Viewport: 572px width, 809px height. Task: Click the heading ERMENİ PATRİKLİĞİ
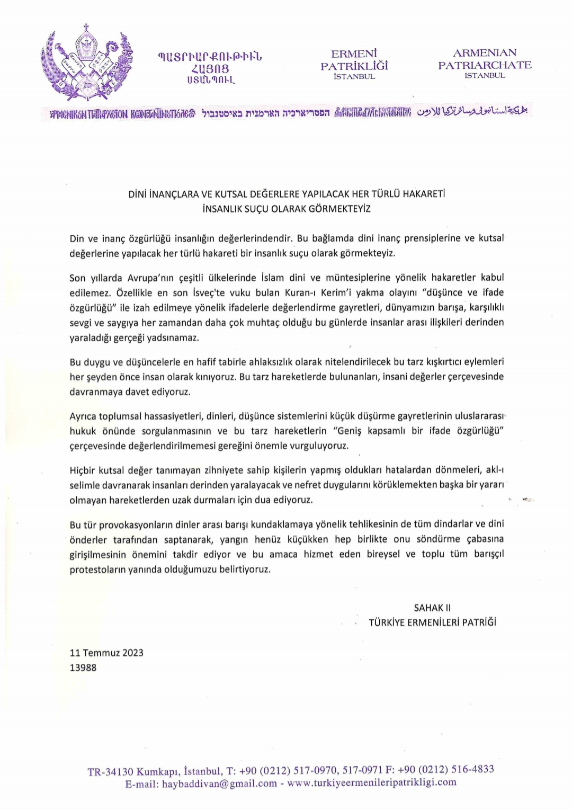pos(354,60)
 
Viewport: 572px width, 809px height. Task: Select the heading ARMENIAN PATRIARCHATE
pos(485,59)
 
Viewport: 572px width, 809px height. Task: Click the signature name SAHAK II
pos(432,608)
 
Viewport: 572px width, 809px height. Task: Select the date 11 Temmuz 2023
pos(106,653)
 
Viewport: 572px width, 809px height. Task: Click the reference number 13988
pos(83,668)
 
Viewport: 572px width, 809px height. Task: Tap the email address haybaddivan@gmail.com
pos(219,784)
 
